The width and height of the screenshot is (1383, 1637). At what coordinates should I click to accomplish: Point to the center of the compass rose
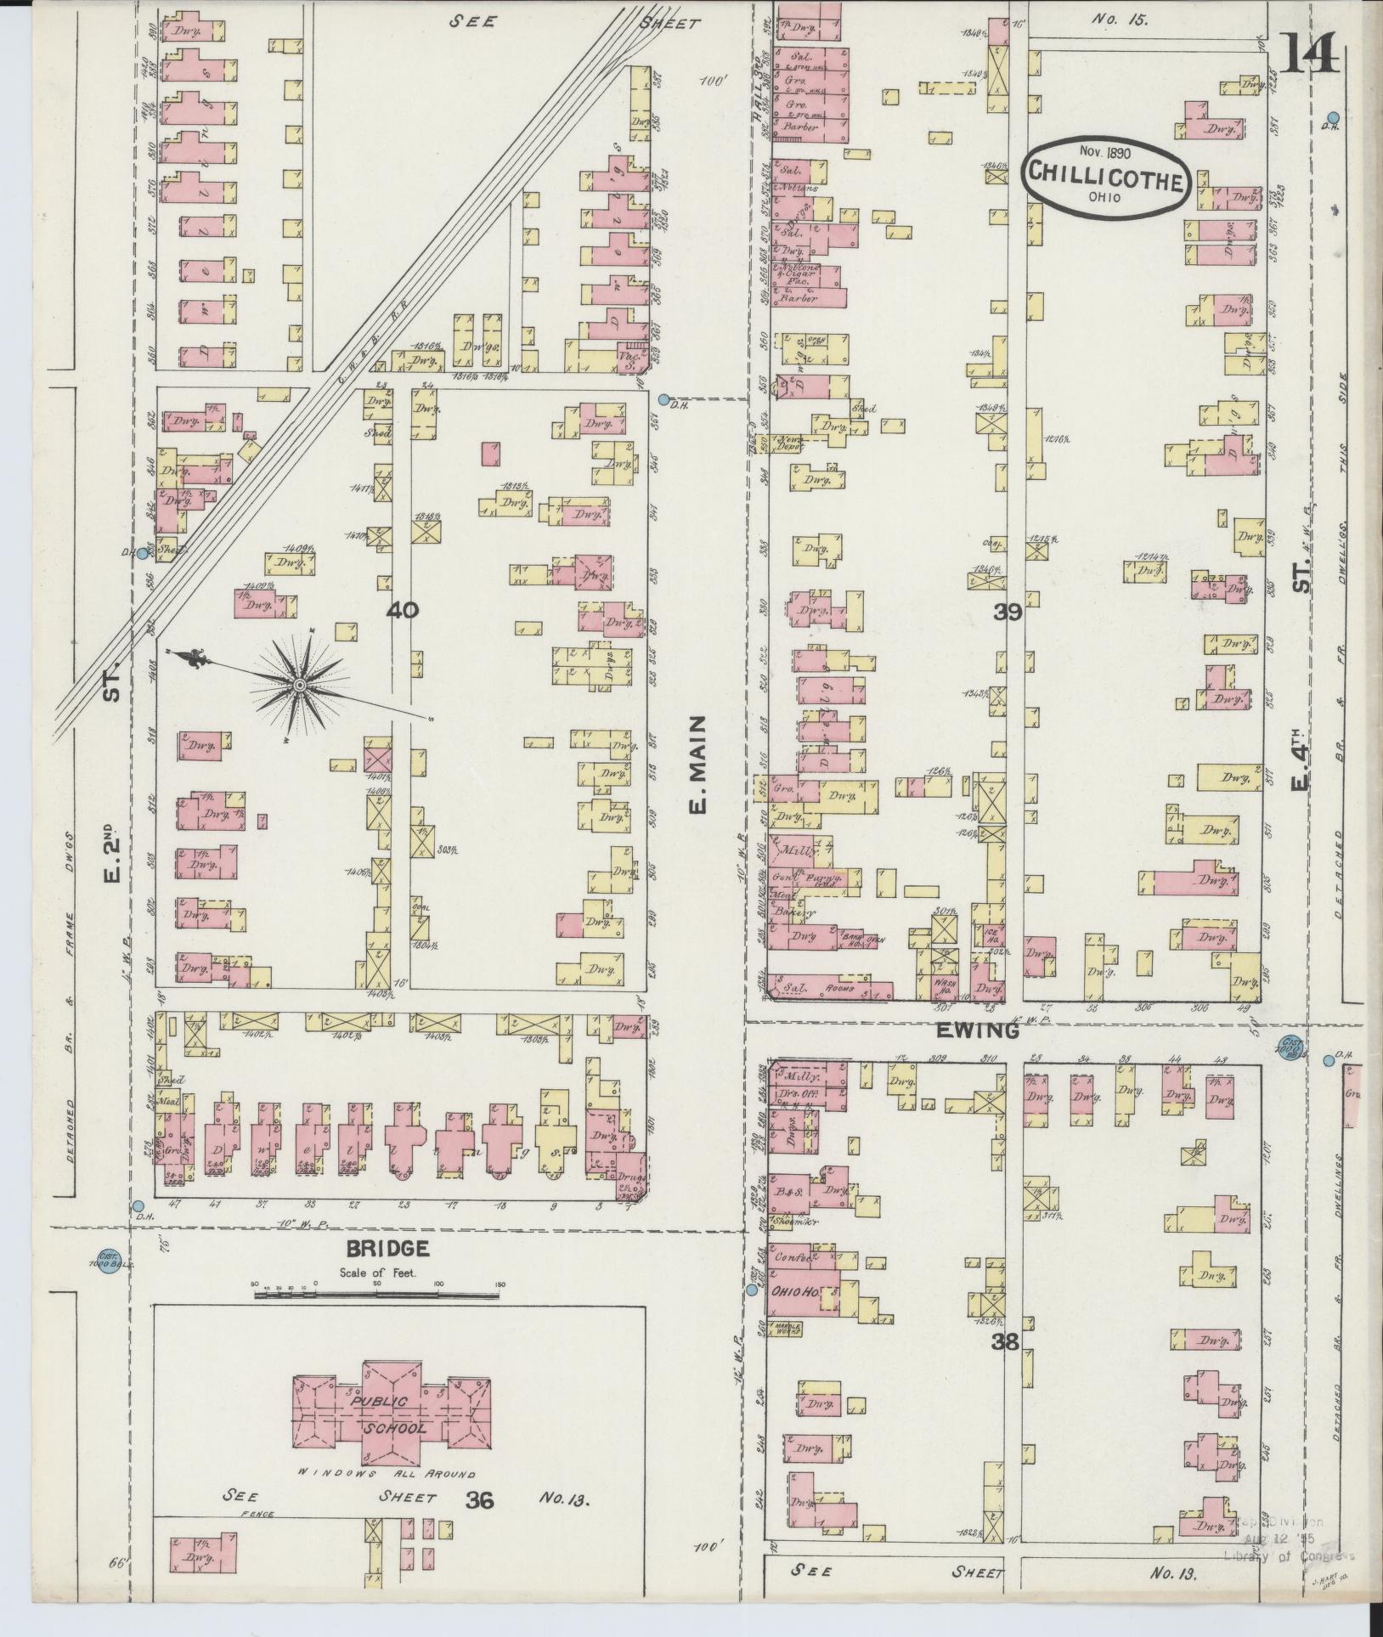point(299,684)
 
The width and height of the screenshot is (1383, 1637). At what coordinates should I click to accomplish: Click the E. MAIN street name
point(697,765)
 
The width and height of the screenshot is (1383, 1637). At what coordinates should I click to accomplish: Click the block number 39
point(1008,612)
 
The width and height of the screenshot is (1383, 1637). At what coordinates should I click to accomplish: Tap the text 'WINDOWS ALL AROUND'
point(387,1474)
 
